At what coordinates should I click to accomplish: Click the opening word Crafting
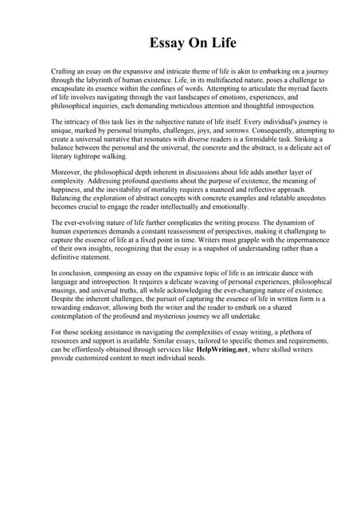coord(65,72)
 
